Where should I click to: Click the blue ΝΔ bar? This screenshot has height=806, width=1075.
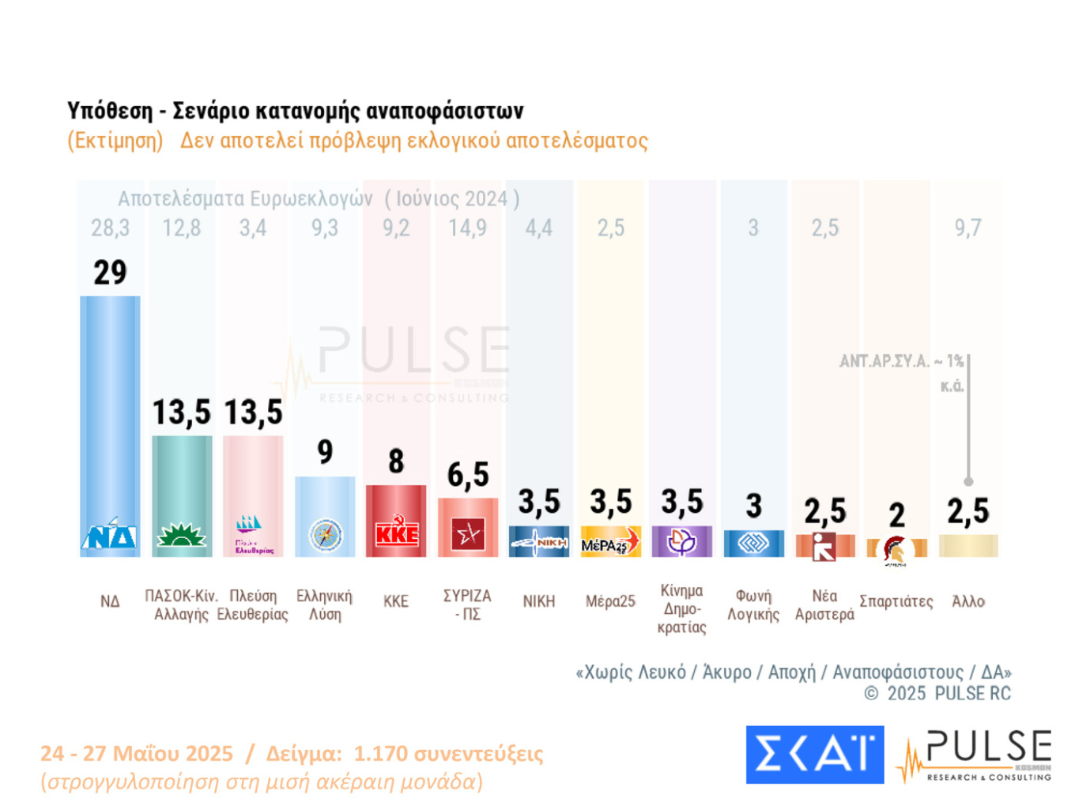point(110,411)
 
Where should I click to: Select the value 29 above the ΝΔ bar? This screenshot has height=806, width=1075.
point(110,273)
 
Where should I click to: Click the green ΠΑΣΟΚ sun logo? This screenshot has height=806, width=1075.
point(182,537)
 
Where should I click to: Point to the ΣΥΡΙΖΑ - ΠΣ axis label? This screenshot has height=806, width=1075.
point(467,604)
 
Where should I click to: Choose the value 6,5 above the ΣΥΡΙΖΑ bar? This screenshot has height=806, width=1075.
point(468,475)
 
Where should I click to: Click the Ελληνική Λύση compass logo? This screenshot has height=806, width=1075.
point(325,536)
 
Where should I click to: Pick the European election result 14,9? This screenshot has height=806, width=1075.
point(467,228)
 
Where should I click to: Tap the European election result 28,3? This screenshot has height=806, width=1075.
point(110,228)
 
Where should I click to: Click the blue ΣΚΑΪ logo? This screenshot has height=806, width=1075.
point(814,755)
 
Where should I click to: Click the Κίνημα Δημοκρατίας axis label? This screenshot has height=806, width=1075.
point(681,608)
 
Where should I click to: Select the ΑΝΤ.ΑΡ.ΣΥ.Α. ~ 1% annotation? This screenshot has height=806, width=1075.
point(901,362)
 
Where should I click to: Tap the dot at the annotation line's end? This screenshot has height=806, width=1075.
point(968,481)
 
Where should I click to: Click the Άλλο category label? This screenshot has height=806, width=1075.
point(967,601)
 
